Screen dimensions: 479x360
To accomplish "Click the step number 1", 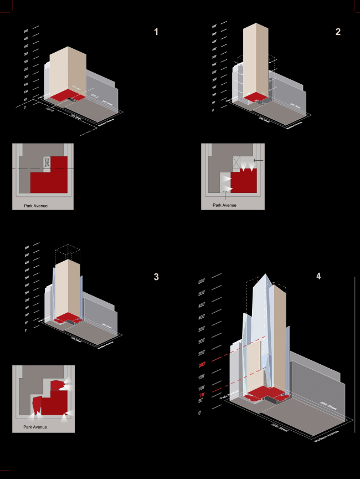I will click(x=156, y=32).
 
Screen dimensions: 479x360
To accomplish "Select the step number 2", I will click(x=338, y=32).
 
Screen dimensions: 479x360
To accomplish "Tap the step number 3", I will click(x=156, y=276).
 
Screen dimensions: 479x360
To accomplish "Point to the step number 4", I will click(x=318, y=276).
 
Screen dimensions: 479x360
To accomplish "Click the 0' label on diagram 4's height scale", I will click(x=202, y=414).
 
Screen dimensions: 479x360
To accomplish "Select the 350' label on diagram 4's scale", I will click(x=201, y=329).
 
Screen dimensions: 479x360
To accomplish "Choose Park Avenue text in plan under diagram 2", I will click(x=225, y=205).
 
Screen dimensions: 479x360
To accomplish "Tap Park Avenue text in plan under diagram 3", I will click(x=35, y=427).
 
